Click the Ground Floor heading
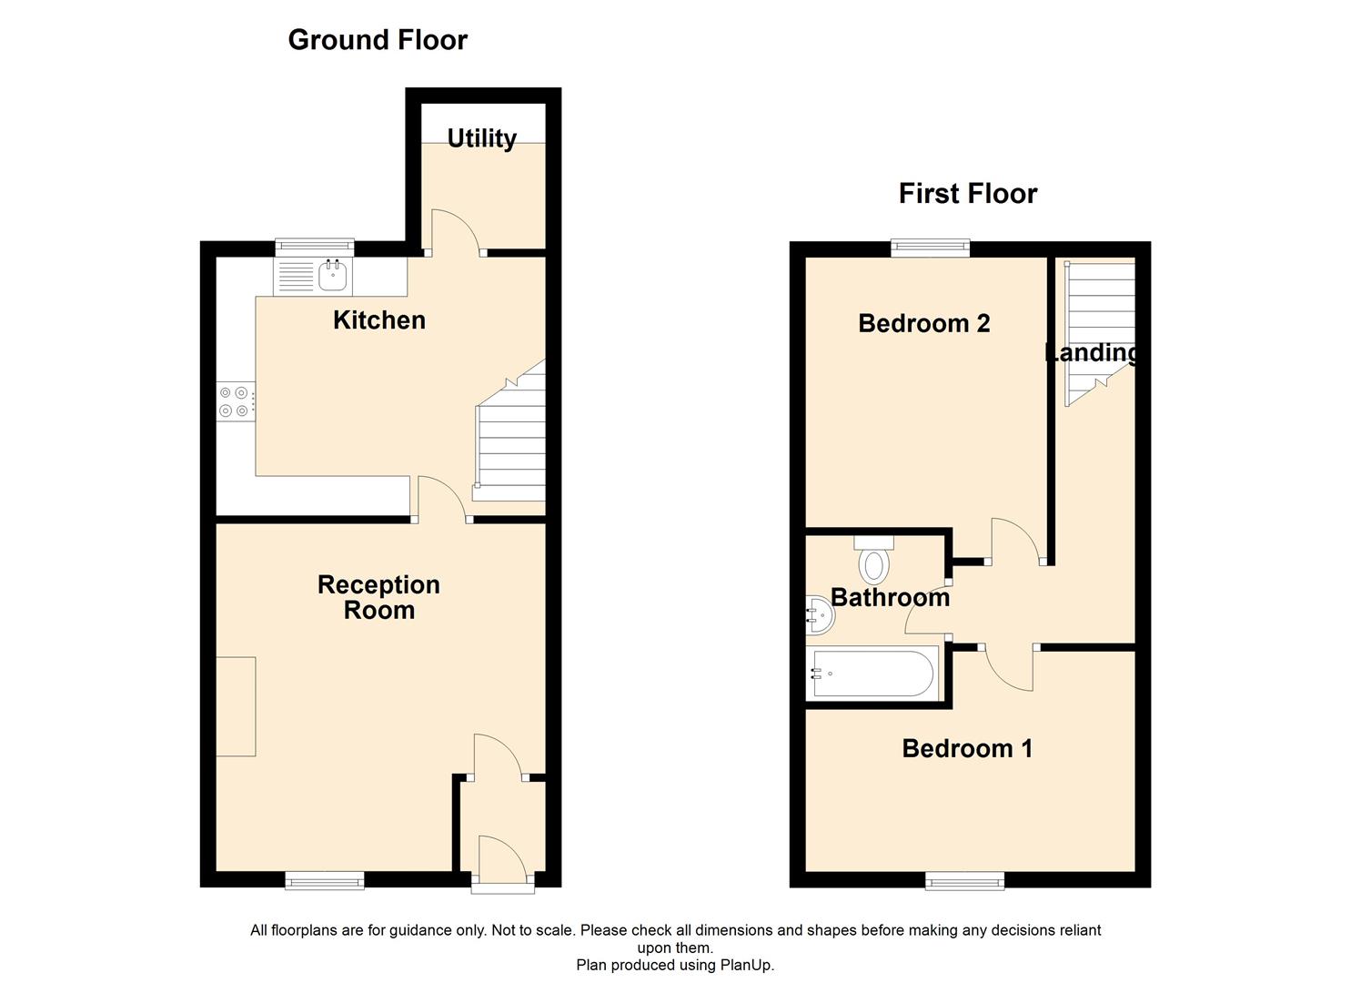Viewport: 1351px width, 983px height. tap(378, 40)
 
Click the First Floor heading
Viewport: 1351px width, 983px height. tap(967, 194)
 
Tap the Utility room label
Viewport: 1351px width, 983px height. tap(481, 138)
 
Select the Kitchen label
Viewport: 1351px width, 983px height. tap(378, 320)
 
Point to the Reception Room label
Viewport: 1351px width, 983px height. tap(378, 597)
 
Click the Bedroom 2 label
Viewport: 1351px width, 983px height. tap(923, 323)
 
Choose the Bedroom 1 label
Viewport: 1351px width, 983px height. tap(967, 748)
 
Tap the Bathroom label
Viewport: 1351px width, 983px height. tap(890, 597)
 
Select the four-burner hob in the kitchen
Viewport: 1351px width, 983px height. tap(234, 401)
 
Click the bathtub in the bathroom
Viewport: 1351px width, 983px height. tap(872, 674)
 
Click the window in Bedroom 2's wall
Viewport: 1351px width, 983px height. tap(930, 246)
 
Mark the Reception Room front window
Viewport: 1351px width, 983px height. tap(324, 879)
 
